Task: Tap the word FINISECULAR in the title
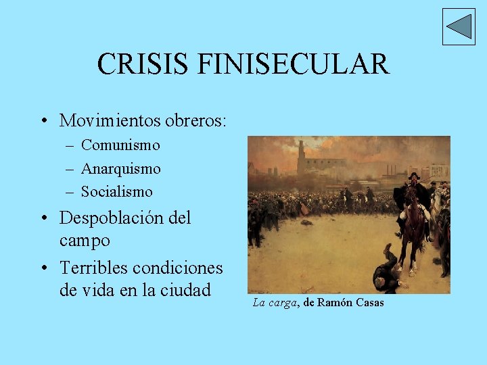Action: point(294,64)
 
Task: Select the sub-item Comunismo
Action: point(120,145)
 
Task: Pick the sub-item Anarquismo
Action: point(121,168)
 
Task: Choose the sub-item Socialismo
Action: point(117,191)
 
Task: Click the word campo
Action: point(85,240)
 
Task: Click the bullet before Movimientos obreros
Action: point(43,122)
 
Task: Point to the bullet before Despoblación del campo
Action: point(43,219)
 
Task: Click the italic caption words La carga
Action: point(275,303)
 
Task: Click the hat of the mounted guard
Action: point(413,176)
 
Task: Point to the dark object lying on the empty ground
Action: point(307,222)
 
